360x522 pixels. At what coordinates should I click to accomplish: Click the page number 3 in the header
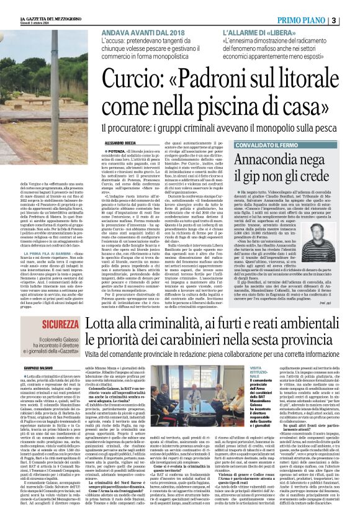point(351,20)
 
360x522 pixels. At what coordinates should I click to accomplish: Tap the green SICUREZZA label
point(37,325)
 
